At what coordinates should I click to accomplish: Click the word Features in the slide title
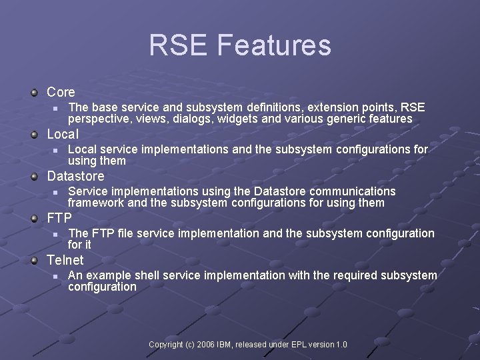click(x=273, y=46)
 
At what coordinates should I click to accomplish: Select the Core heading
click(x=61, y=92)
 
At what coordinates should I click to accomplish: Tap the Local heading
click(x=63, y=134)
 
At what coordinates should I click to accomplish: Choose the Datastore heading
click(x=75, y=176)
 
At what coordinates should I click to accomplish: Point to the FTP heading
click(x=59, y=218)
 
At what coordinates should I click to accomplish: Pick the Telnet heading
click(x=65, y=260)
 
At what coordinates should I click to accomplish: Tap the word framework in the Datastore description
click(x=96, y=203)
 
